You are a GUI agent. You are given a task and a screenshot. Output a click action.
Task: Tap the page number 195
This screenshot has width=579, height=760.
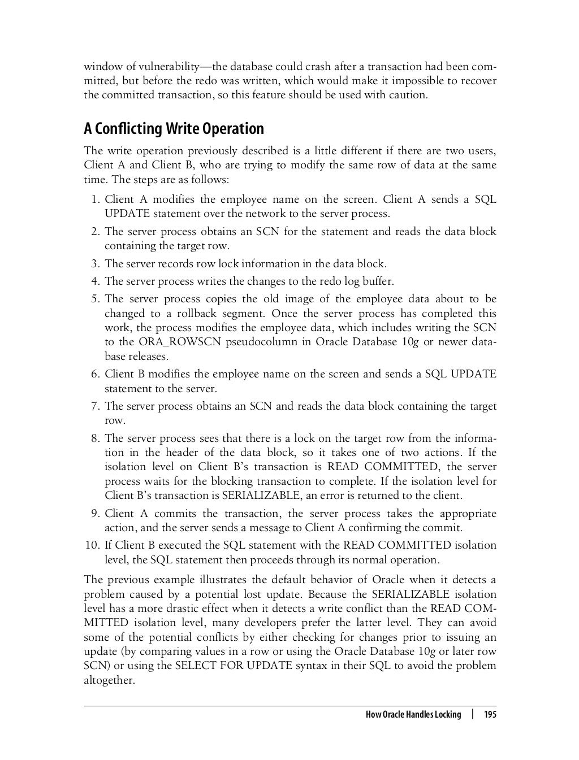[x=489, y=715]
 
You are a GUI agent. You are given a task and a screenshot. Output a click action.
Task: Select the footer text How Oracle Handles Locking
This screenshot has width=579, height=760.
[x=413, y=715]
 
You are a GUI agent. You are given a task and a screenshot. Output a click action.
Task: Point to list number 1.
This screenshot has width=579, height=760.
[x=94, y=199]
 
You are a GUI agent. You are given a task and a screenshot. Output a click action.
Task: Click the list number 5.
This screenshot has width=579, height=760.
[x=94, y=299]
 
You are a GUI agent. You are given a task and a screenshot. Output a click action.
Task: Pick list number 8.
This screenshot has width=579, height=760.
[x=94, y=438]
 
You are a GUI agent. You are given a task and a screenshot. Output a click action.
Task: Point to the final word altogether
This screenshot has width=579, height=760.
[x=109, y=680]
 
